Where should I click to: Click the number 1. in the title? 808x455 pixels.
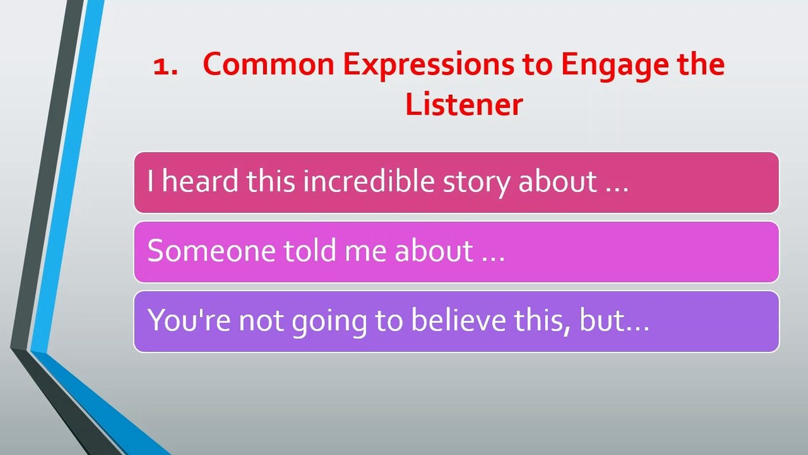[165, 67]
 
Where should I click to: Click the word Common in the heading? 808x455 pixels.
[269, 64]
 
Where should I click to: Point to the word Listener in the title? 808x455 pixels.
[464, 104]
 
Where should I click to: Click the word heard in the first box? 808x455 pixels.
[200, 180]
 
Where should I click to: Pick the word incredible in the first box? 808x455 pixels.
[368, 180]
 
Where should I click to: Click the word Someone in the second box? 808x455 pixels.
[211, 251]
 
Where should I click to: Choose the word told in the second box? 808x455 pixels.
[310, 250]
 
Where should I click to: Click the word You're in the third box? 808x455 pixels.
[189, 320]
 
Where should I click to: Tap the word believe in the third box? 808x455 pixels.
[458, 319]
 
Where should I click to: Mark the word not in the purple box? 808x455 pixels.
[261, 322]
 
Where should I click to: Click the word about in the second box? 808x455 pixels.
[433, 250]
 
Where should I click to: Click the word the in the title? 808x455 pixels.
[701, 64]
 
